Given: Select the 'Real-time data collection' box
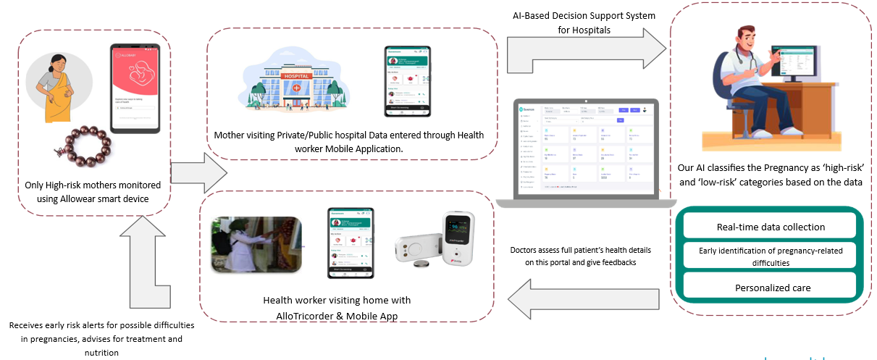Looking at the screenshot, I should pos(771,227).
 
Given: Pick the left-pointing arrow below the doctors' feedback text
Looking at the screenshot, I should pos(586,296).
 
